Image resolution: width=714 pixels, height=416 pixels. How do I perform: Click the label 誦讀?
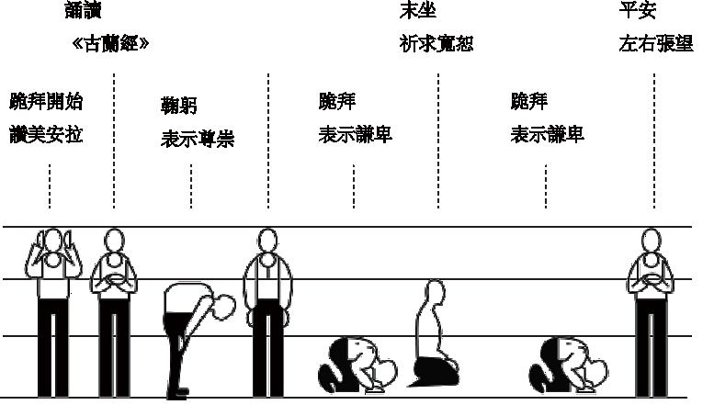point(84,12)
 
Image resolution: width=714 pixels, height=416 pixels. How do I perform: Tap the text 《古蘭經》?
point(110,43)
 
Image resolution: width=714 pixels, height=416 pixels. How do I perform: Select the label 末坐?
point(418,12)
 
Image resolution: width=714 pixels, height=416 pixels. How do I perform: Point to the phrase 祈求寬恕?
point(436,43)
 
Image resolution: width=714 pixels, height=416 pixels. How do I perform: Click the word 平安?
point(639,12)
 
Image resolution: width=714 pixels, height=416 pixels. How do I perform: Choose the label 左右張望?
point(656,43)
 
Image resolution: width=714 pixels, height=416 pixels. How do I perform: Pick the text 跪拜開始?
point(46,101)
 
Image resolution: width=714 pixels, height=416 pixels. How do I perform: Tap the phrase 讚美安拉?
point(46,135)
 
